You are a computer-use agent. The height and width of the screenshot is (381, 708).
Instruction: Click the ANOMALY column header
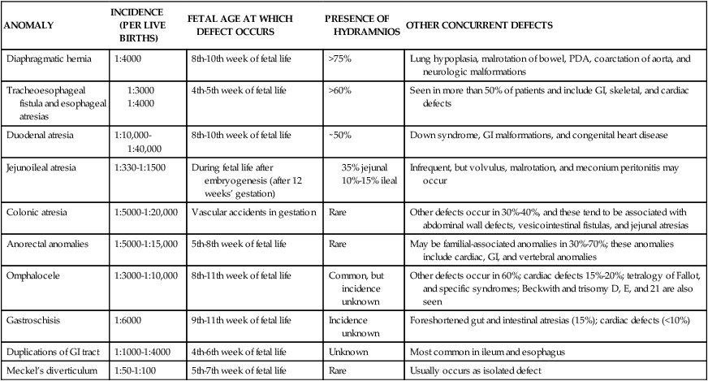29,25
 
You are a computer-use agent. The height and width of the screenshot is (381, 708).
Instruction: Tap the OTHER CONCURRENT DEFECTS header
479,25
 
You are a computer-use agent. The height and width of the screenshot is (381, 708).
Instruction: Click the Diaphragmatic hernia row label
48,59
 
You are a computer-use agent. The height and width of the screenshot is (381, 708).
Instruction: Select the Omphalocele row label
35,275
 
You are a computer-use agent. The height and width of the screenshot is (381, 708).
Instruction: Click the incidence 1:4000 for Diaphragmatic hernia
126,59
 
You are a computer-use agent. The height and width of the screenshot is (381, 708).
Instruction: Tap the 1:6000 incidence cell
126,321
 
